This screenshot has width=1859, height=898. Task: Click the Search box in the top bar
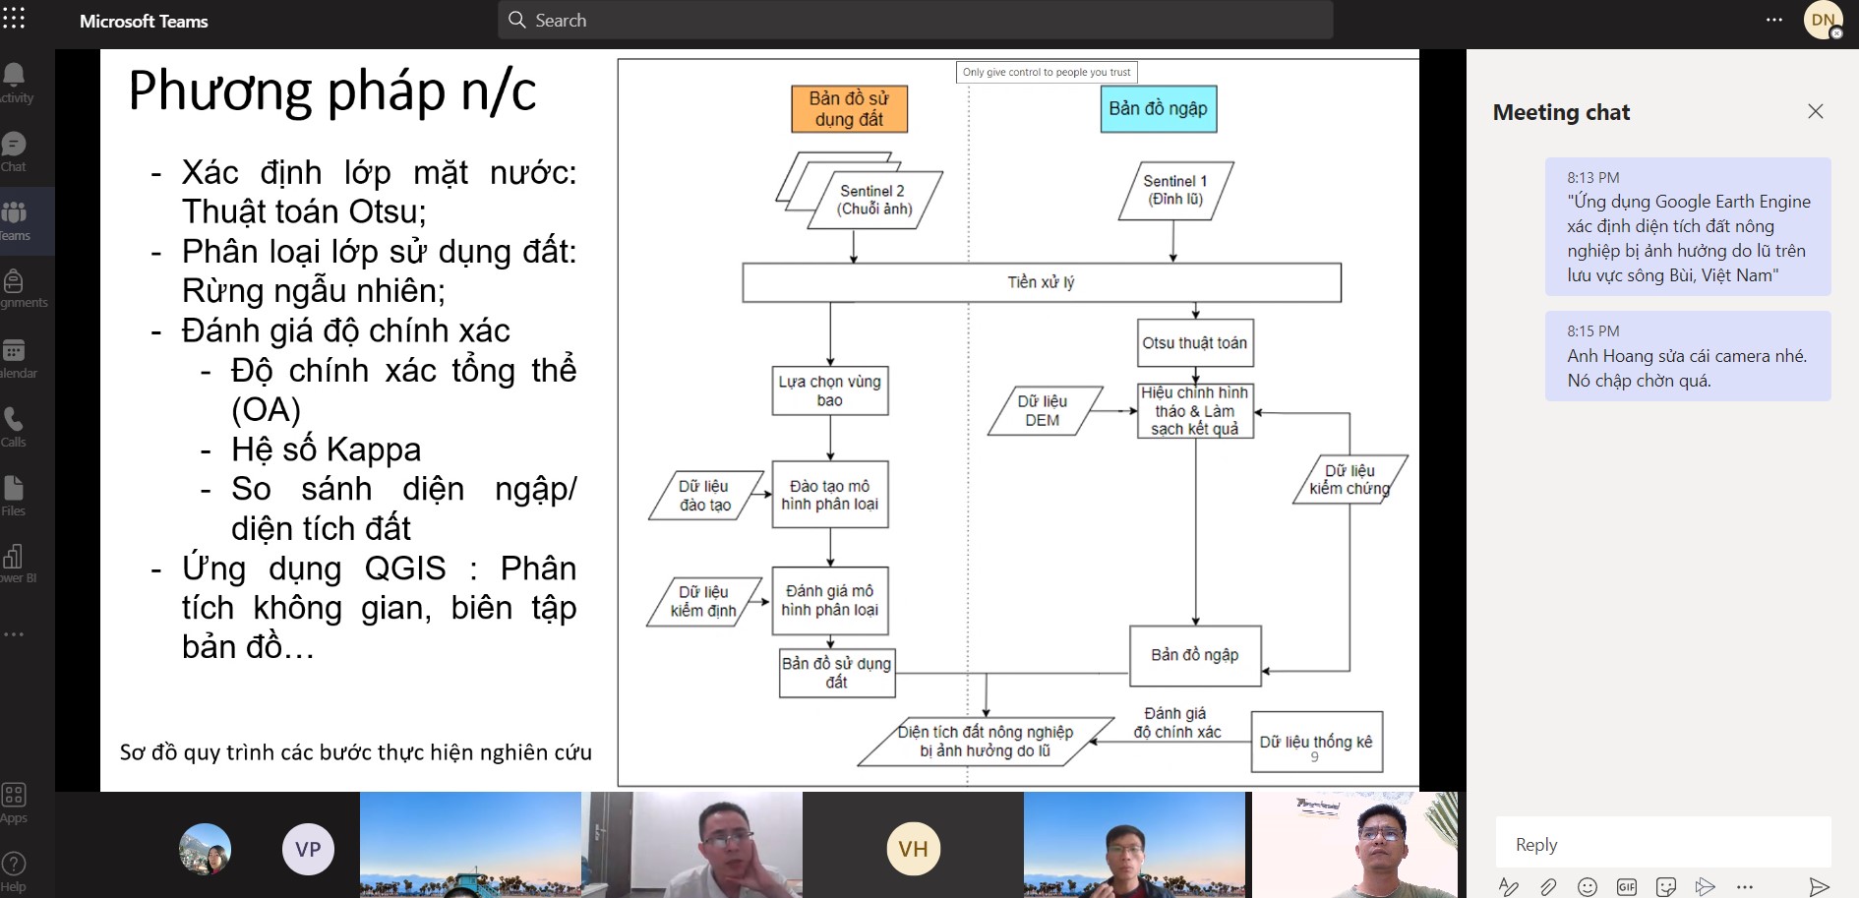pos(915,21)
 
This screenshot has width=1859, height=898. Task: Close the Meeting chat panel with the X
pos(1816,112)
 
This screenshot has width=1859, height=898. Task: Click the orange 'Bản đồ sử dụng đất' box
pos(849,109)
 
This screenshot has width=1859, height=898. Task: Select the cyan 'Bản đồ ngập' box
pos(1158,109)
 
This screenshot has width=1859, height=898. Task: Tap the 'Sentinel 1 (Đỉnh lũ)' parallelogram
pos(1175,191)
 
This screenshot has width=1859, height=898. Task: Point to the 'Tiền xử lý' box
pos(1041,282)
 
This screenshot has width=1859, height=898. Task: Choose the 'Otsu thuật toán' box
pos(1194,343)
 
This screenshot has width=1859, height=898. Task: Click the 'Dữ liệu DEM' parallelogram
pos(1043,411)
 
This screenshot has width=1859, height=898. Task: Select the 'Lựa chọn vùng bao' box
pos(830,390)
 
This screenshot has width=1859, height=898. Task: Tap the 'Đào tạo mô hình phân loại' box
pos(830,495)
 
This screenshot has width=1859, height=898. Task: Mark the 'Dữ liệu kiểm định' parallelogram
pos(704,601)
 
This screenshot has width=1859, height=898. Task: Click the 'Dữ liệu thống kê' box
pos(1316,742)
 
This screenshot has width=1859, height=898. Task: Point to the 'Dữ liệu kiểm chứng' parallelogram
pos(1349,479)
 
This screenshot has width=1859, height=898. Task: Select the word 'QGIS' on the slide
pos(405,569)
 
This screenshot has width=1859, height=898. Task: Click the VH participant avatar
pos(913,849)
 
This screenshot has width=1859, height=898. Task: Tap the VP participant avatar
pos(308,849)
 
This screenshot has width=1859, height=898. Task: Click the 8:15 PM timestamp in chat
pos(1593,331)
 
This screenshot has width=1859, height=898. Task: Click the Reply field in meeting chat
pos(1662,845)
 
